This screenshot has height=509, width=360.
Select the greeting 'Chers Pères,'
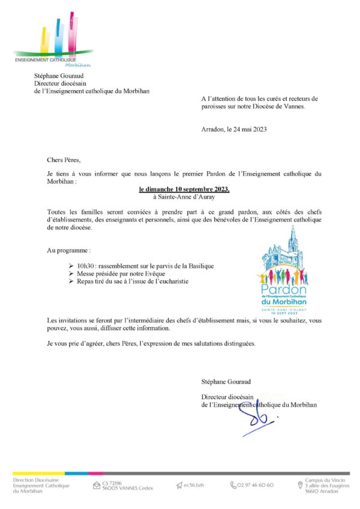click(x=62, y=160)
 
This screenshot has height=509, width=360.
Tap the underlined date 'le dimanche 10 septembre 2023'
click(x=184, y=189)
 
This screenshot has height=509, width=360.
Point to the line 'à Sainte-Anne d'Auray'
click(x=184, y=196)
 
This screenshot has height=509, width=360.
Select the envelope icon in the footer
click(x=97, y=485)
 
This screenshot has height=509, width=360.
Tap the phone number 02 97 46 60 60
click(x=256, y=484)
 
